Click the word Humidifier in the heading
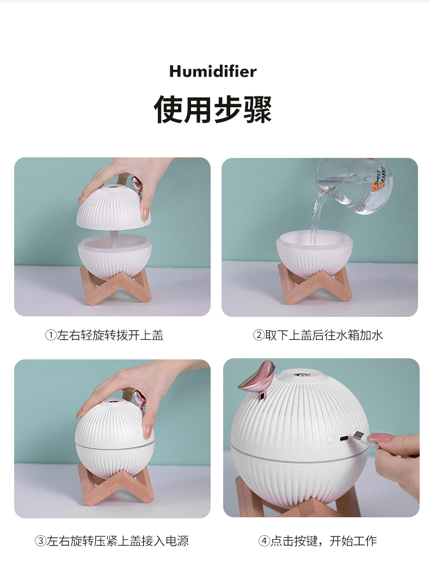[x=213, y=71]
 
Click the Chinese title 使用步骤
[x=213, y=108]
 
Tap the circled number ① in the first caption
[x=51, y=335]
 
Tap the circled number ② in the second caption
[x=259, y=335]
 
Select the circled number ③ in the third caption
[x=41, y=541]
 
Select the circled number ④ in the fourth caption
[x=264, y=541]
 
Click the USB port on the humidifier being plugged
[x=345, y=438]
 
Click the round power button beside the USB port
[x=330, y=440]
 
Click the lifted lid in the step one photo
[x=114, y=207]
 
